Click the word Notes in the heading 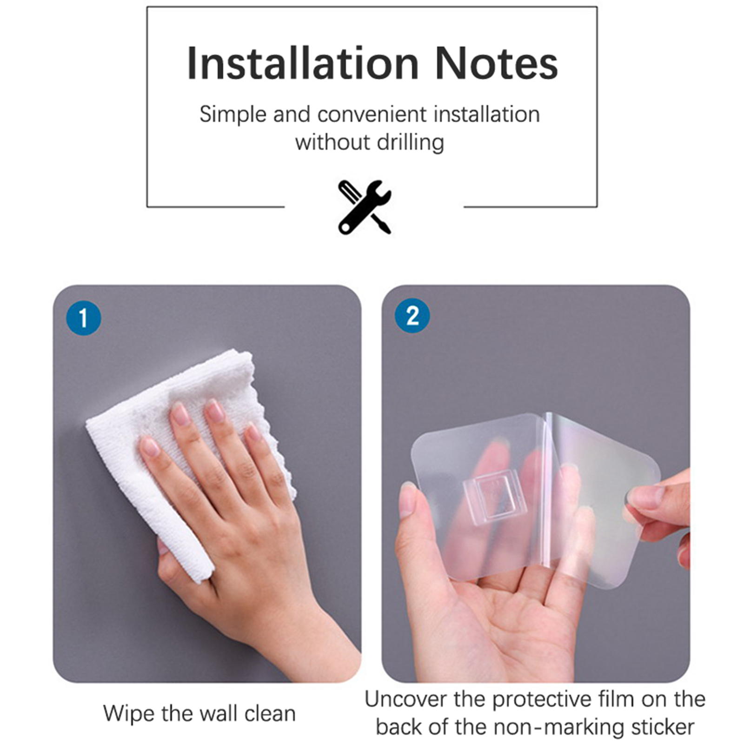point(497,64)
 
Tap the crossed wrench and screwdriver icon point(365,207)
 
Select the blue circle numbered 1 point(84,318)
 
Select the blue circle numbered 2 point(412,316)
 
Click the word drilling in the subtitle point(411,142)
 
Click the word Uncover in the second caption point(406,699)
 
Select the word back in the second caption point(399,727)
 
